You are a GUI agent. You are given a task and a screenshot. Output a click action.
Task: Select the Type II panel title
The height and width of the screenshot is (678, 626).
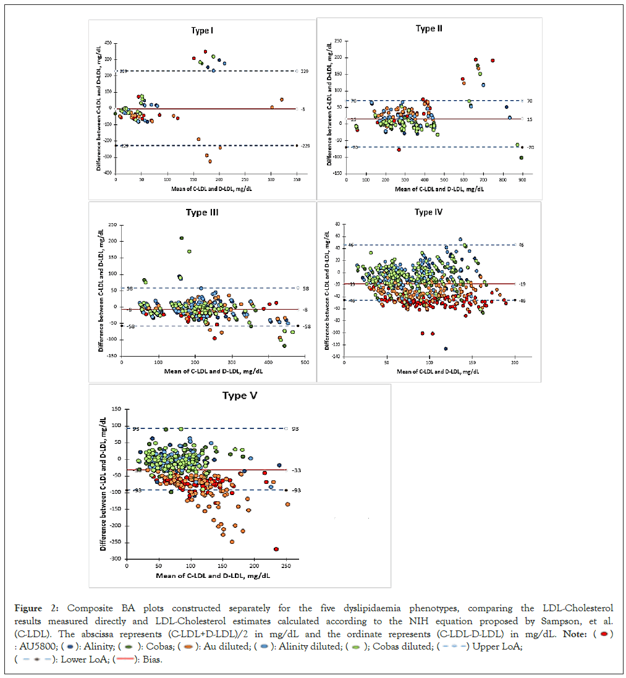429,28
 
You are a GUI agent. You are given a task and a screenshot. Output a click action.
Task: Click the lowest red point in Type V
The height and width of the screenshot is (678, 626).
276,549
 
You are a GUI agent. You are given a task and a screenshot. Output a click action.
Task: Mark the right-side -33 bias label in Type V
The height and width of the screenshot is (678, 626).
296,470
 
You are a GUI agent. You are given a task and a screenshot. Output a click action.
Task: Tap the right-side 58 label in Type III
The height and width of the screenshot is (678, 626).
305,288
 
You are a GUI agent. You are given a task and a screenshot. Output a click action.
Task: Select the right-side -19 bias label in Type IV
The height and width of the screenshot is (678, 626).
522,284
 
